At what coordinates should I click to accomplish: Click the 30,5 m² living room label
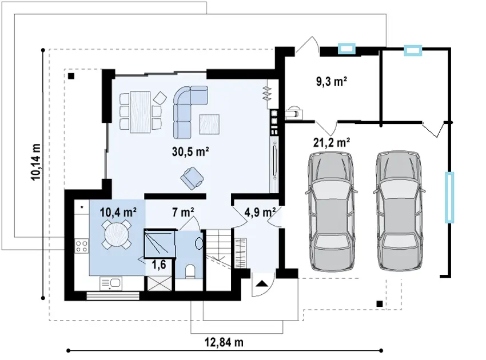tap(190, 151)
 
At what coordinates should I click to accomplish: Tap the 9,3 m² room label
tap(331, 81)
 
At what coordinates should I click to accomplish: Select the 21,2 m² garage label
tap(332, 142)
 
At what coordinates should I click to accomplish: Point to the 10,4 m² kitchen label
tap(118, 213)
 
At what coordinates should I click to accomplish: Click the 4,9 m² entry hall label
tap(260, 213)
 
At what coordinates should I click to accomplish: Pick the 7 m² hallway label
tap(183, 213)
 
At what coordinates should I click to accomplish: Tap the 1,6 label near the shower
tap(159, 265)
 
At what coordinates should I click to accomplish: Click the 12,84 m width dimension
tap(224, 342)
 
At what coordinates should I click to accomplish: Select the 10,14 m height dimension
tap(35, 162)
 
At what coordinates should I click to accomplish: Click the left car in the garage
tap(331, 212)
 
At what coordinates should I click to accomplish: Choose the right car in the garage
tap(399, 212)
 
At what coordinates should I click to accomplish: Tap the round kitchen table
tap(116, 234)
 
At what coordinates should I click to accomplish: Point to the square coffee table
tap(209, 124)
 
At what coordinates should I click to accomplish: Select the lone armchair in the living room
tap(192, 178)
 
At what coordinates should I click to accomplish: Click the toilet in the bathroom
tap(190, 271)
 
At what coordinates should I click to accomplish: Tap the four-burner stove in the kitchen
tap(82, 246)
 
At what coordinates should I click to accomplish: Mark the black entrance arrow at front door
tap(262, 283)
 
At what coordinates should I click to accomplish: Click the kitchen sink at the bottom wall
tap(111, 284)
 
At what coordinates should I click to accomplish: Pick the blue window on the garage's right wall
tap(449, 197)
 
